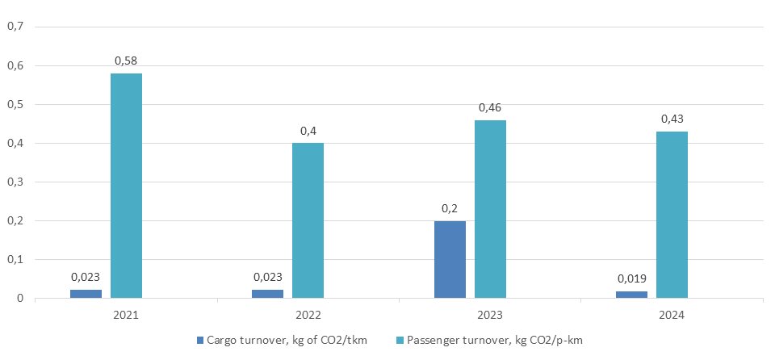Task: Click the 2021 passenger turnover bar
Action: (x=126, y=186)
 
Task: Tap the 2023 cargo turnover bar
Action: (x=450, y=259)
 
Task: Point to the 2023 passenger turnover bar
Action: (x=490, y=209)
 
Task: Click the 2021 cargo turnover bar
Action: (x=86, y=294)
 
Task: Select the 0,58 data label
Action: (x=126, y=61)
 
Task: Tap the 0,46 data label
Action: (x=490, y=107)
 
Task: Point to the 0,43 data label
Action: (x=672, y=119)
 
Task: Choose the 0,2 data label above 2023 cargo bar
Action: (x=450, y=208)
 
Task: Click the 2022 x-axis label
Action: (x=308, y=313)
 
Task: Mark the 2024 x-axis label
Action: (x=672, y=313)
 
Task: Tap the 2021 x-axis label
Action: (x=127, y=313)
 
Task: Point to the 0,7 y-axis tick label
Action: (x=15, y=27)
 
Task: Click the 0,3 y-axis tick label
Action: (x=15, y=182)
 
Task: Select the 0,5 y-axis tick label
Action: (x=15, y=104)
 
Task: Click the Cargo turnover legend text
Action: (x=287, y=341)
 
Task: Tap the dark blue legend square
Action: (x=200, y=341)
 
